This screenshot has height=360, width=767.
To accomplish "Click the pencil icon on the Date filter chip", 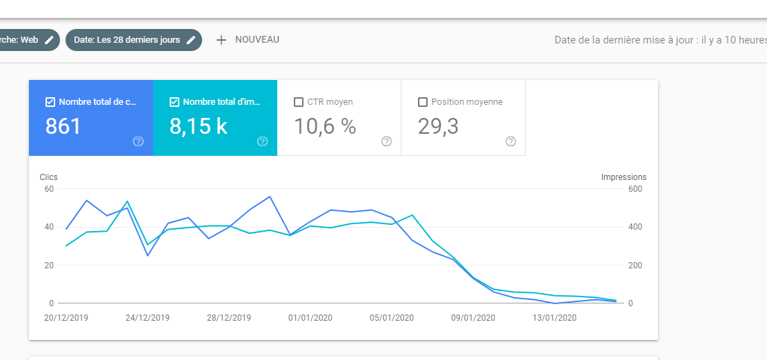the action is [x=191, y=40].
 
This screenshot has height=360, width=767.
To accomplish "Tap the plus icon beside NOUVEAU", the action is [x=221, y=40].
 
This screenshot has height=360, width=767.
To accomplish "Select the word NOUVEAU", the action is [x=257, y=39].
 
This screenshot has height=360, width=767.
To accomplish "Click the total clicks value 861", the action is [x=63, y=126].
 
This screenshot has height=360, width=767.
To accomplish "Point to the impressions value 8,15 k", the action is [x=198, y=126].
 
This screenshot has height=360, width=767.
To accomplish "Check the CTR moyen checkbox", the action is [x=299, y=102].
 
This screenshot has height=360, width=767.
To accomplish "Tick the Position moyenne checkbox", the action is [x=423, y=102].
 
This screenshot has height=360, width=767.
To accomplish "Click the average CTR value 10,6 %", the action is [x=325, y=126].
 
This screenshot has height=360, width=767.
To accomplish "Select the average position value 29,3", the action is [x=438, y=126].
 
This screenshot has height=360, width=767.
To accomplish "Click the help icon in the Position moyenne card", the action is [x=510, y=142].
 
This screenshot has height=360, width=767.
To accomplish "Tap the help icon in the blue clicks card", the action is [x=139, y=142].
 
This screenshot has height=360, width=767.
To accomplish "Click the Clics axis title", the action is [x=48, y=177].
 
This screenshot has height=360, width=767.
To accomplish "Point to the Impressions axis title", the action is [x=624, y=177].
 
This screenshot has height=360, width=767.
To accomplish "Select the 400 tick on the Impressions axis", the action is [x=635, y=227].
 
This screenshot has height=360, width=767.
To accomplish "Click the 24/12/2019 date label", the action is [x=147, y=318].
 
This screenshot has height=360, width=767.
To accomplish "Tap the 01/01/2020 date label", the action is [x=310, y=318].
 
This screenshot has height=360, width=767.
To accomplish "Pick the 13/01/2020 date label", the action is [x=555, y=318].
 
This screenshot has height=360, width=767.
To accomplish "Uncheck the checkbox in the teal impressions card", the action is [x=174, y=102].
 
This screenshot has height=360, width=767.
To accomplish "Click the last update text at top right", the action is [x=660, y=40].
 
